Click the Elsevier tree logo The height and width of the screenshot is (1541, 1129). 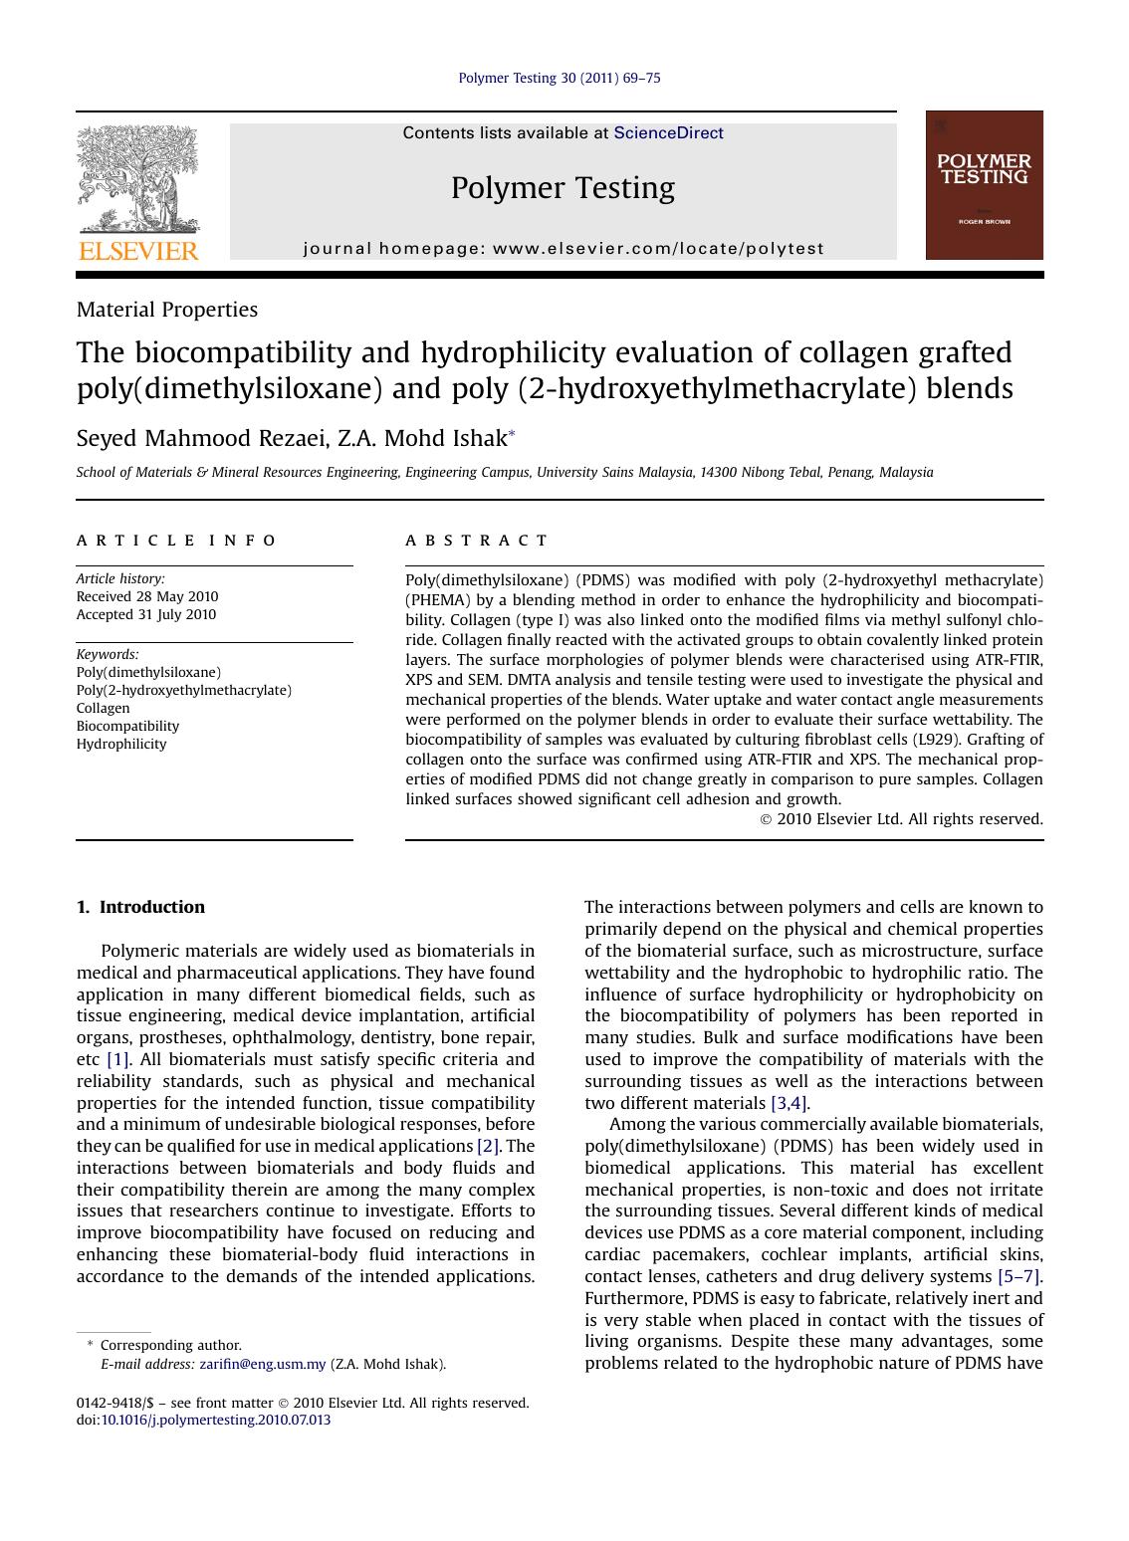pyautogui.click(x=138, y=180)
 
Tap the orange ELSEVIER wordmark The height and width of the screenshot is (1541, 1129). pyautogui.click(x=138, y=251)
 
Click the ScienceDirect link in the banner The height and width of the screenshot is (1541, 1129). pyautogui.click(x=668, y=133)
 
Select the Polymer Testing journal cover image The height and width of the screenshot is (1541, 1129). pyautogui.click(x=984, y=185)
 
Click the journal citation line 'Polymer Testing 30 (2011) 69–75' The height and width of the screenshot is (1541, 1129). pyautogui.click(x=559, y=78)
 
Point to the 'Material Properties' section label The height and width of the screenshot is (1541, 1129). pyautogui.click(x=166, y=310)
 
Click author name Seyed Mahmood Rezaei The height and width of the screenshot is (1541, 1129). pyautogui.click(x=202, y=439)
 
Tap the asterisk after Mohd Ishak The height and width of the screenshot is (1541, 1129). pyautogui.click(x=512, y=435)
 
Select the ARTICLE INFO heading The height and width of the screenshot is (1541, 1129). pyautogui.click(x=177, y=541)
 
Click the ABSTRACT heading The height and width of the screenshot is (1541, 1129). pyautogui.click(x=477, y=541)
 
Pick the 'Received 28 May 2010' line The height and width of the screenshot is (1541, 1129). pyautogui.click(x=147, y=597)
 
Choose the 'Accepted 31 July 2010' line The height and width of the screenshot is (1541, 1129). pyautogui.click(x=146, y=615)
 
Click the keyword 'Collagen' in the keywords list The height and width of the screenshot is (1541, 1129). pyautogui.click(x=103, y=709)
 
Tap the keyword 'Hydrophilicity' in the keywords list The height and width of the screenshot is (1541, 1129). pyautogui.click(x=121, y=745)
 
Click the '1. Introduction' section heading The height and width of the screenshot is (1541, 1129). pyautogui.click(x=140, y=907)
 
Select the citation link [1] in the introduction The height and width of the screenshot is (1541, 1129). pyautogui.click(x=117, y=1060)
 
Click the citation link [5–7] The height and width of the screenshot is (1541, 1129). pyautogui.click(x=1018, y=1277)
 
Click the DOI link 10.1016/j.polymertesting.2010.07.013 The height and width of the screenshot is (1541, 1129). pyautogui.click(x=216, y=1421)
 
